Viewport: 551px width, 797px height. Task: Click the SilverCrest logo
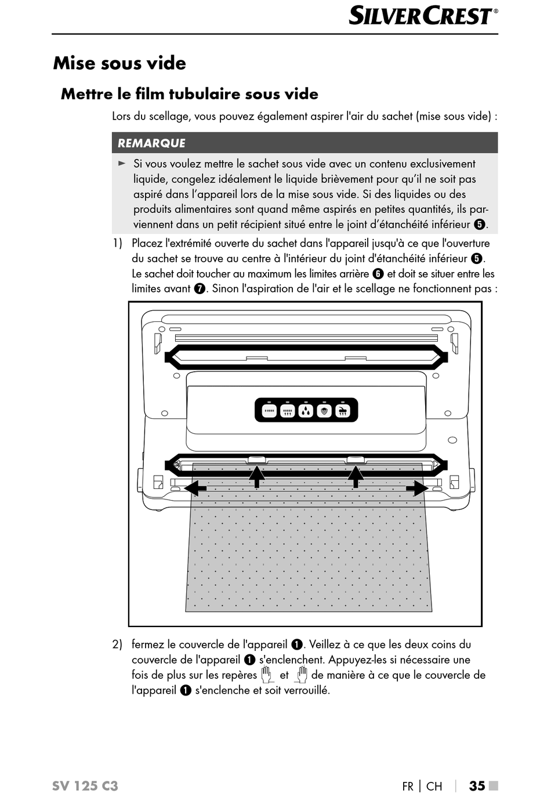(423, 16)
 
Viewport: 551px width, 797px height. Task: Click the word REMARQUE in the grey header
(151, 143)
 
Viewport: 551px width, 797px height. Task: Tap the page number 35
(477, 786)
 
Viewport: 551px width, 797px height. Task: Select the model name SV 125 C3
(85, 786)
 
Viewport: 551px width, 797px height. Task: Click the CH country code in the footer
(434, 787)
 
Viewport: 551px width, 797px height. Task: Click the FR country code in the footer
(408, 787)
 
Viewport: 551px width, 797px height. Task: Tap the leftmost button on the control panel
(269, 411)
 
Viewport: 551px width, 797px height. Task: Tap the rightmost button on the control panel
(343, 411)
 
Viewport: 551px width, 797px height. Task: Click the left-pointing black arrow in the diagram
(195, 488)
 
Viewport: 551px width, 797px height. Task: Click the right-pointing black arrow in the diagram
(418, 488)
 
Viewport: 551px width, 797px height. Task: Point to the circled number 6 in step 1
(378, 274)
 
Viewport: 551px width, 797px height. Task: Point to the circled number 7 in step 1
(200, 289)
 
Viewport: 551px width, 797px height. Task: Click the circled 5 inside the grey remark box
(479, 224)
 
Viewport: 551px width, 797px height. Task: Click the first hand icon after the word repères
(266, 675)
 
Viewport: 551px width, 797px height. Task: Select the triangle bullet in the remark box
(122, 164)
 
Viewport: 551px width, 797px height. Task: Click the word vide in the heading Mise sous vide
(166, 63)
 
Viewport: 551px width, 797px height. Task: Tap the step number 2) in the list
(117, 644)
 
